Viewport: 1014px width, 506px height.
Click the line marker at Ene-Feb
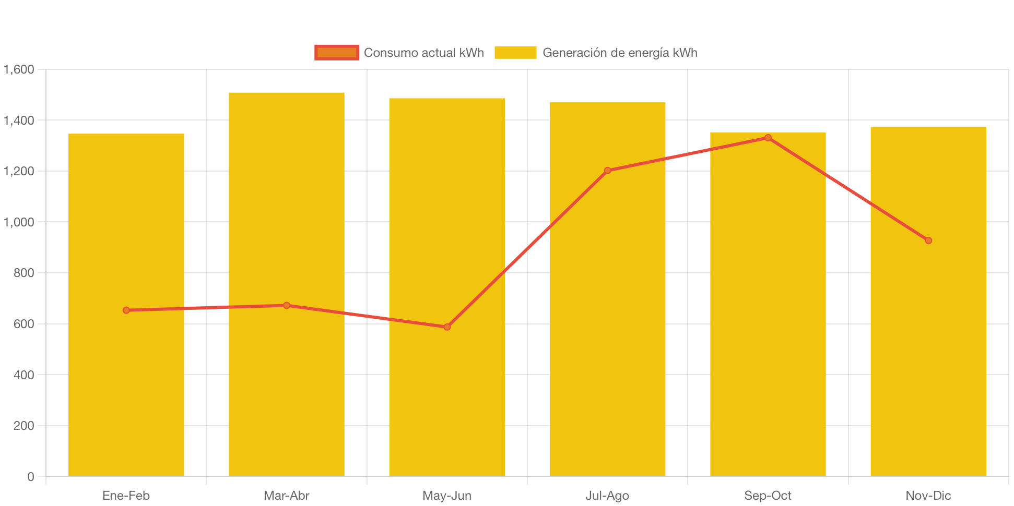pos(126,310)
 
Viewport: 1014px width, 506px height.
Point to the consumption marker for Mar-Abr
pos(286,305)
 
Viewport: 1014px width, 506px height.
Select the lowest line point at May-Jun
pos(447,327)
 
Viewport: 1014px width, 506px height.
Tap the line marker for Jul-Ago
pos(607,171)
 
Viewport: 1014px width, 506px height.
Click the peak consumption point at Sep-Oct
pos(768,138)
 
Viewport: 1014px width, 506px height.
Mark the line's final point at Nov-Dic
pos(928,240)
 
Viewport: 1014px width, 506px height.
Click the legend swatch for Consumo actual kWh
pos(337,53)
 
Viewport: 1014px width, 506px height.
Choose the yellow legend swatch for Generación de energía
pos(515,53)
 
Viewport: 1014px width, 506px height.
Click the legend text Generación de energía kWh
pos(620,53)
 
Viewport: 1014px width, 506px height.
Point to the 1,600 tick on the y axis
pos(19,69)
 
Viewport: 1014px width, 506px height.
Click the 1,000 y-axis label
pos(19,222)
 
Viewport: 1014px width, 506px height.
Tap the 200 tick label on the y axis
pos(23,426)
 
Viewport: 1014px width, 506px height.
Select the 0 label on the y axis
pos(30,477)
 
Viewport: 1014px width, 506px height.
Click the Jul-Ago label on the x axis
pos(607,496)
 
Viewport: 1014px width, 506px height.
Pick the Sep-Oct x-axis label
pos(768,496)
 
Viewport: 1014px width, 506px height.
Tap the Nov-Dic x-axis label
pos(928,496)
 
